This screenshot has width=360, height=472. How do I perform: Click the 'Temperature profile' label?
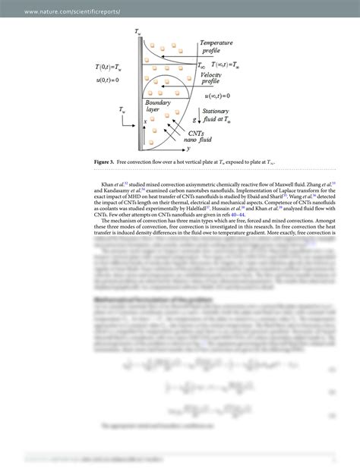click(x=216, y=48)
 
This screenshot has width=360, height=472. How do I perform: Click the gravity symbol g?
click(x=194, y=119)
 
